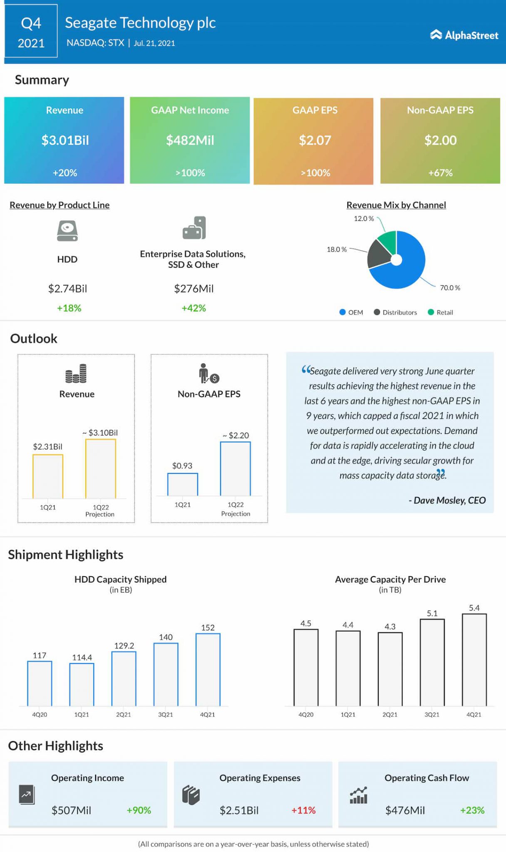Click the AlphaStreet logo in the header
(x=464, y=35)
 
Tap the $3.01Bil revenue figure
(x=65, y=140)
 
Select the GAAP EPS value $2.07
(x=315, y=140)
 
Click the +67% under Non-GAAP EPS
(x=440, y=173)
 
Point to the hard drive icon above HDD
(x=67, y=231)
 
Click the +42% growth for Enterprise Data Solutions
(x=193, y=308)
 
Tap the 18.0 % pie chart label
(x=336, y=250)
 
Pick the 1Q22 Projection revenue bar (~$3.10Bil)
(x=100, y=468)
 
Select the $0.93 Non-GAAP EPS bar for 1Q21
(x=182, y=484)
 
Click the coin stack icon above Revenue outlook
(x=76, y=373)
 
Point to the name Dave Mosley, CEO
(x=447, y=500)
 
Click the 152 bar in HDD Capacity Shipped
(x=208, y=669)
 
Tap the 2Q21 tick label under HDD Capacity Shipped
(x=124, y=714)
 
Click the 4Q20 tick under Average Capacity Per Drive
(x=306, y=714)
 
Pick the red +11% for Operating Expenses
(x=303, y=810)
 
